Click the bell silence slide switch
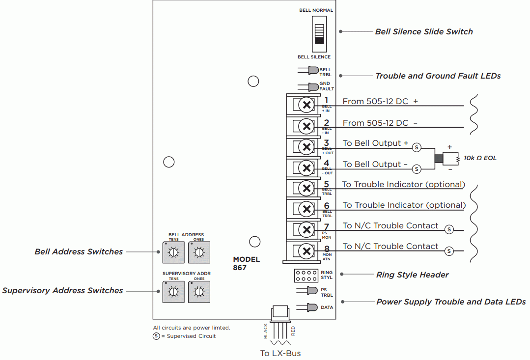pyautogui.click(x=320, y=33)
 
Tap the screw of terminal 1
pyautogui.click(x=307, y=105)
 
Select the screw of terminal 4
pyautogui.click(x=307, y=168)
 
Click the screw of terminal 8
pyautogui.click(x=307, y=251)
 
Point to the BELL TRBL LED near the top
pyautogui.click(x=312, y=71)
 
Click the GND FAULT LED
pyautogui.click(x=312, y=87)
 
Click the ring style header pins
pyautogui.click(x=306, y=275)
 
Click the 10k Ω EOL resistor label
pyautogui.click(x=480, y=158)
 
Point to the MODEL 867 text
pyautogui.click(x=246, y=264)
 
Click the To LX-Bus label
pyautogui.click(x=280, y=353)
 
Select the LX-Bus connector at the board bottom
pyautogui.click(x=280, y=312)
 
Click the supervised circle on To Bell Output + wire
pyautogui.click(x=417, y=147)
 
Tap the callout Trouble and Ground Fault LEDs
pyautogui.click(x=438, y=76)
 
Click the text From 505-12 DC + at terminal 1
pyautogui.click(x=380, y=102)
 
